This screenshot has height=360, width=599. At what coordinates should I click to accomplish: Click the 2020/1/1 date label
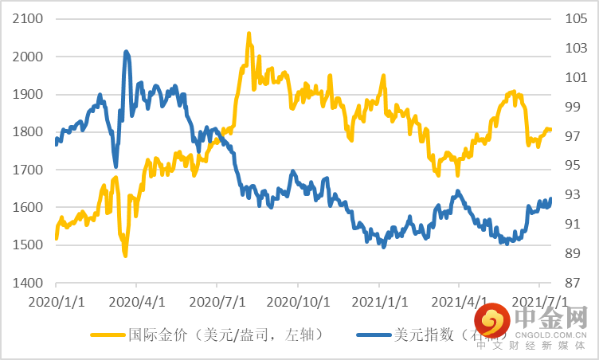[56, 303]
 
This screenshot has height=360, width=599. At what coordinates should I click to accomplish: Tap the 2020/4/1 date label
[136, 303]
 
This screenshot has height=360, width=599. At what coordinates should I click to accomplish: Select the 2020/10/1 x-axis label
[297, 303]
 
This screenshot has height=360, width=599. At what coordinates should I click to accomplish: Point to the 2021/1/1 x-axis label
[378, 303]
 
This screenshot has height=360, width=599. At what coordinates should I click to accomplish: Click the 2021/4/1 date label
[459, 303]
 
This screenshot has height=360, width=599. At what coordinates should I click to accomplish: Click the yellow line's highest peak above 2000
[249, 34]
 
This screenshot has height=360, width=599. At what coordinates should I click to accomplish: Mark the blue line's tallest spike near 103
[126, 53]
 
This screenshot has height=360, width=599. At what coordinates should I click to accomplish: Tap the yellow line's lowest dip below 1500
[125, 254]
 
